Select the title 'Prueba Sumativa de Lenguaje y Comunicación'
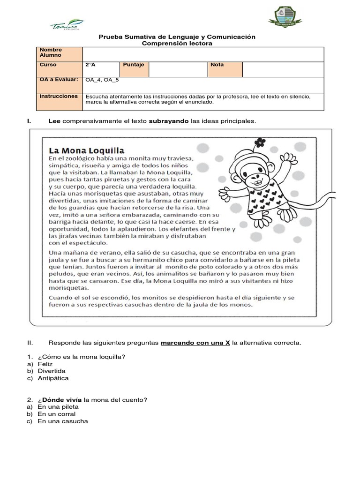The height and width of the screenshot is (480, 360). point(176,37)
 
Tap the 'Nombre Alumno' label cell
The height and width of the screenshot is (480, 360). point(59,52)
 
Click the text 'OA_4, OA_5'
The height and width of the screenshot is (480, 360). point(102,80)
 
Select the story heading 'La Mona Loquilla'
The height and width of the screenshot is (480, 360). point(87,150)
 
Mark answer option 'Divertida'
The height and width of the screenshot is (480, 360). point(52,371)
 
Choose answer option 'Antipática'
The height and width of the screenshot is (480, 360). point(53,378)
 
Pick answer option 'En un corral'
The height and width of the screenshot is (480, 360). point(56,414)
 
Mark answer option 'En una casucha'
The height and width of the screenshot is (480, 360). point(62,421)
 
